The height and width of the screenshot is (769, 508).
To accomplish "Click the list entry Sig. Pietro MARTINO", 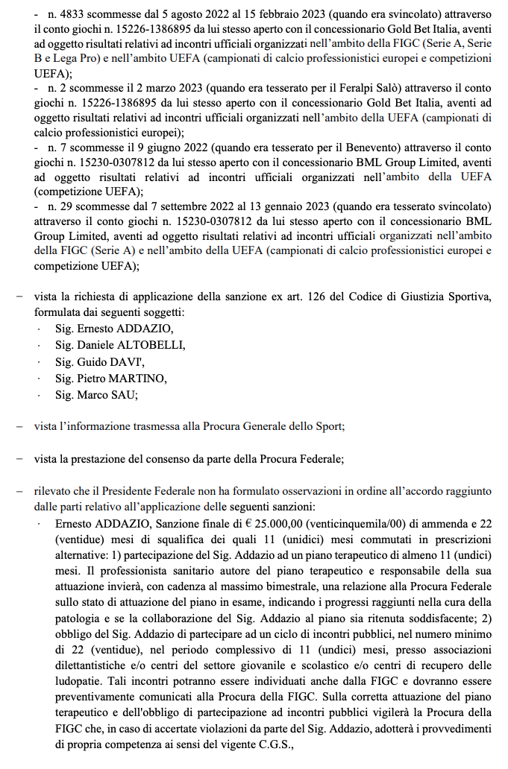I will (x=111, y=378).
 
